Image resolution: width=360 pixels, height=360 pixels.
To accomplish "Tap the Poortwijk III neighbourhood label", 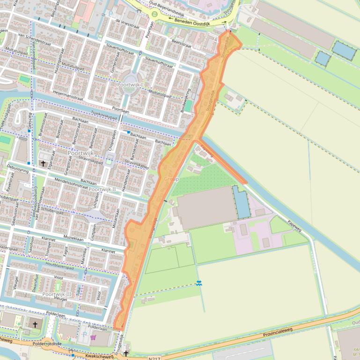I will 57,294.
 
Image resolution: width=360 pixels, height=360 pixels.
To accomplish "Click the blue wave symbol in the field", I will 199,283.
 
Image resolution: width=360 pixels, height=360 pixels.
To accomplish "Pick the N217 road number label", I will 154,358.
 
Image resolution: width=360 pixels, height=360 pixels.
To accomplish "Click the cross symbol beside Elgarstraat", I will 43,164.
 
